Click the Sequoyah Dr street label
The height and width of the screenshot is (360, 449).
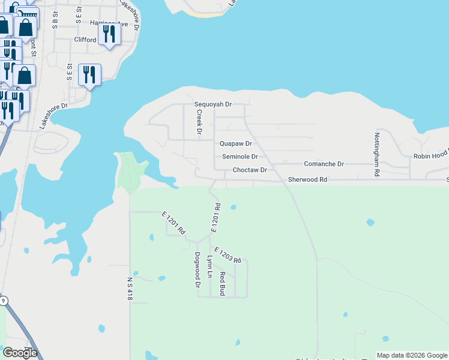pyautogui.click(x=212, y=104)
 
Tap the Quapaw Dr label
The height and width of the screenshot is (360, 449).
pyautogui.click(x=235, y=144)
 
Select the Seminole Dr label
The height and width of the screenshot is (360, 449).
pyautogui.click(x=240, y=157)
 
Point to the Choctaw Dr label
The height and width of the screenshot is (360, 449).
pyautogui.click(x=249, y=170)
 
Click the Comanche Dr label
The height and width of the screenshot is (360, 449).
pyautogui.click(x=324, y=164)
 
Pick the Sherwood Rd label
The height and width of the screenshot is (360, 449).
pyautogui.click(x=307, y=179)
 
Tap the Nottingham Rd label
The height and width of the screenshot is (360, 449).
pyautogui.click(x=377, y=154)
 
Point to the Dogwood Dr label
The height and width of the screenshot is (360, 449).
pyautogui.click(x=197, y=269)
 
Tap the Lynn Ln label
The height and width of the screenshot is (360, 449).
pyautogui.click(x=209, y=267)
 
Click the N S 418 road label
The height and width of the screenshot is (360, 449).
pyautogui.click(x=129, y=289)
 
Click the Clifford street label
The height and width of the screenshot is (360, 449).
pyautogui.click(x=85, y=40)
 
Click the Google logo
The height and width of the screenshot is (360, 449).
pyautogui.click(x=19, y=353)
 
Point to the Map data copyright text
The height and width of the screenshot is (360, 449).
pyautogui.click(x=411, y=355)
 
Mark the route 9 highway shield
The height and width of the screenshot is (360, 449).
pyautogui.click(x=4, y=301)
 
